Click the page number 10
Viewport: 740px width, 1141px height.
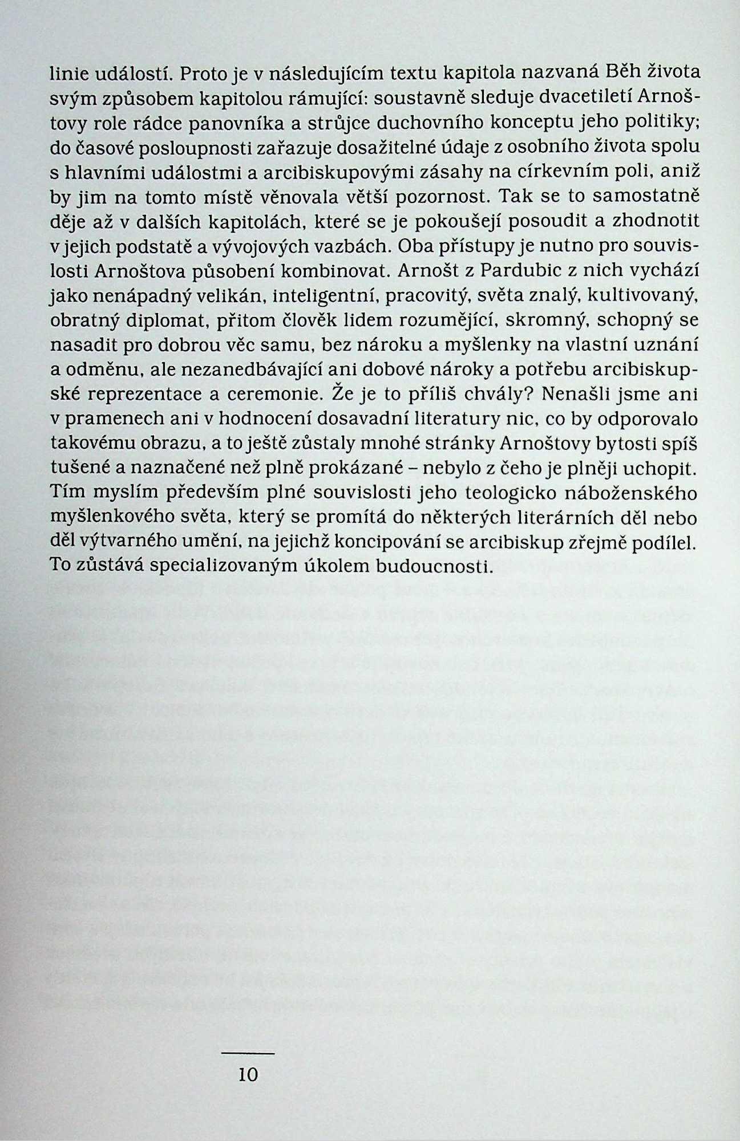click(x=248, y=1075)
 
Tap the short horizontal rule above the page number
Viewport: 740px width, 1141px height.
click(x=248, y=1053)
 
